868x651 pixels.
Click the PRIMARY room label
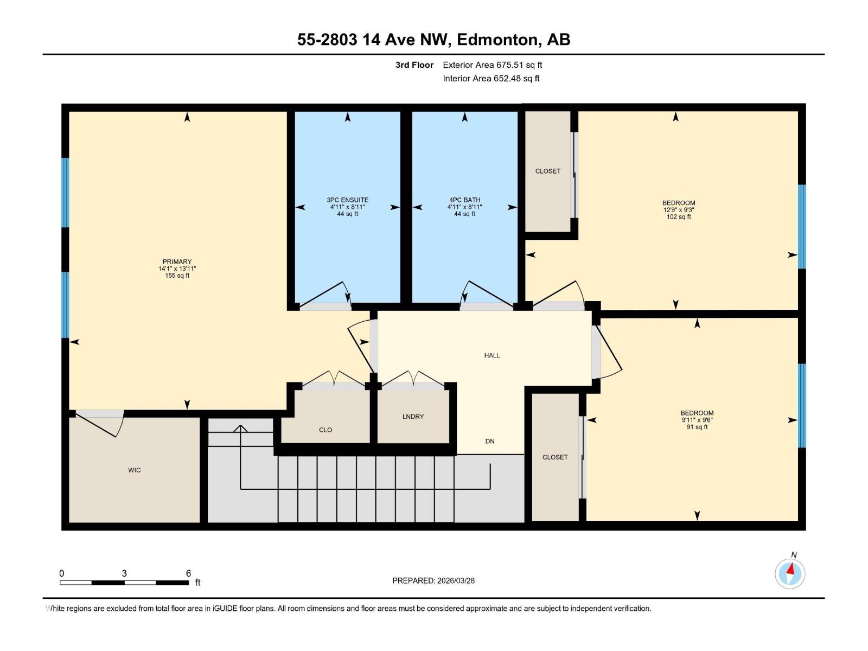pyautogui.click(x=177, y=261)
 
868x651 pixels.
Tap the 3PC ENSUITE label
pyautogui.click(x=347, y=200)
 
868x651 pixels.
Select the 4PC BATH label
pyautogui.click(x=464, y=200)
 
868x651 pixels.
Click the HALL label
pyautogui.click(x=492, y=355)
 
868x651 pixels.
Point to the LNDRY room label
pyautogui.click(x=413, y=417)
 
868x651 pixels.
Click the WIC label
pyautogui.click(x=135, y=470)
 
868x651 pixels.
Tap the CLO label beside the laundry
pyautogui.click(x=325, y=430)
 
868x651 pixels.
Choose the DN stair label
pyautogui.click(x=490, y=441)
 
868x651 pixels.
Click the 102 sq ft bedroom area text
pyautogui.click(x=679, y=217)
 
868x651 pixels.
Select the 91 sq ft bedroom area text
pyautogui.click(x=697, y=427)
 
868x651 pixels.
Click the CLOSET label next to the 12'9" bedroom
pyautogui.click(x=548, y=171)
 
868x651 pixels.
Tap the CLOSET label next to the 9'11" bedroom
pyautogui.click(x=555, y=457)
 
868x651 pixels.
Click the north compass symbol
pyautogui.click(x=790, y=573)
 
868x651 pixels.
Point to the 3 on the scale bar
pyautogui.click(x=124, y=573)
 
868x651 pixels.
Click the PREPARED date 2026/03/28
pyautogui.click(x=455, y=580)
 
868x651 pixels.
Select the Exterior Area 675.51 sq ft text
pyautogui.click(x=493, y=65)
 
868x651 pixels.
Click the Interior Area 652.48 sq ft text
pyautogui.click(x=491, y=79)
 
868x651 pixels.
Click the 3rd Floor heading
pyautogui.click(x=414, y=65)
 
